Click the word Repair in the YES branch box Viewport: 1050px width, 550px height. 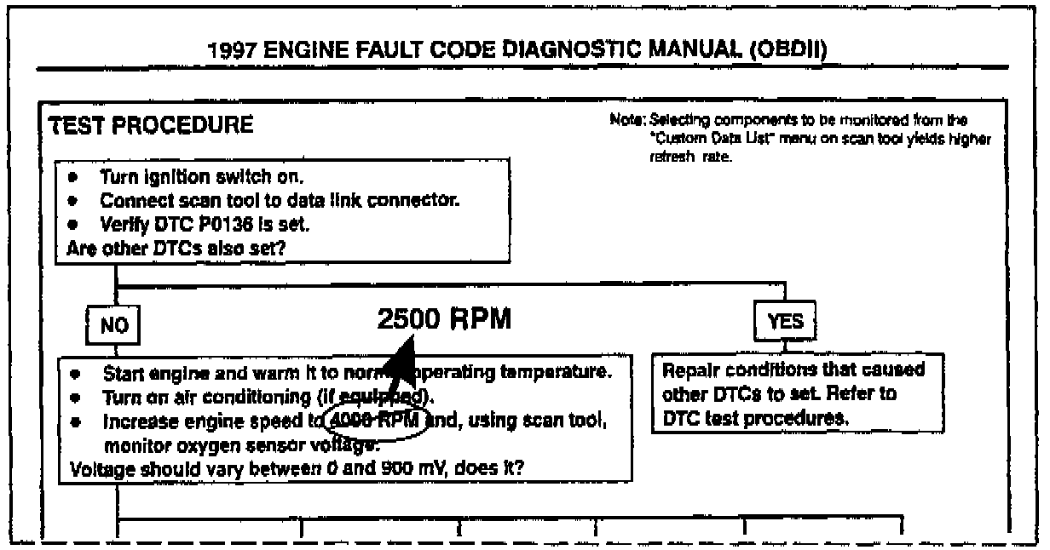click(688, 371)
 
